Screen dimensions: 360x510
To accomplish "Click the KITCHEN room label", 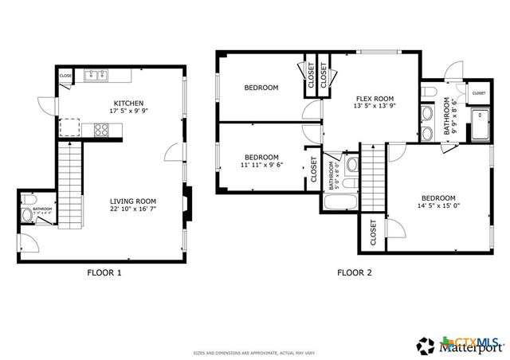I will pos(128,103).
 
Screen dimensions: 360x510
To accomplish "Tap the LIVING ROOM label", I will pos(133,201).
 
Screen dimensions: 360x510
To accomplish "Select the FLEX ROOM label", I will pos(374,99).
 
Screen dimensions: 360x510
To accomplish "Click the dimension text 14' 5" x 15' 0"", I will pos(438,206).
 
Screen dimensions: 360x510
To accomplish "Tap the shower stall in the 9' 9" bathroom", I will pos(481,125).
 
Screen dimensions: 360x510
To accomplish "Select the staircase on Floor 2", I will pos(372,181).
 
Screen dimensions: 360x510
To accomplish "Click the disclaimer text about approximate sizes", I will pos(254,352).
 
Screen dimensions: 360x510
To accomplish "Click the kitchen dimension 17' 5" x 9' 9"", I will pos(128,111).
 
